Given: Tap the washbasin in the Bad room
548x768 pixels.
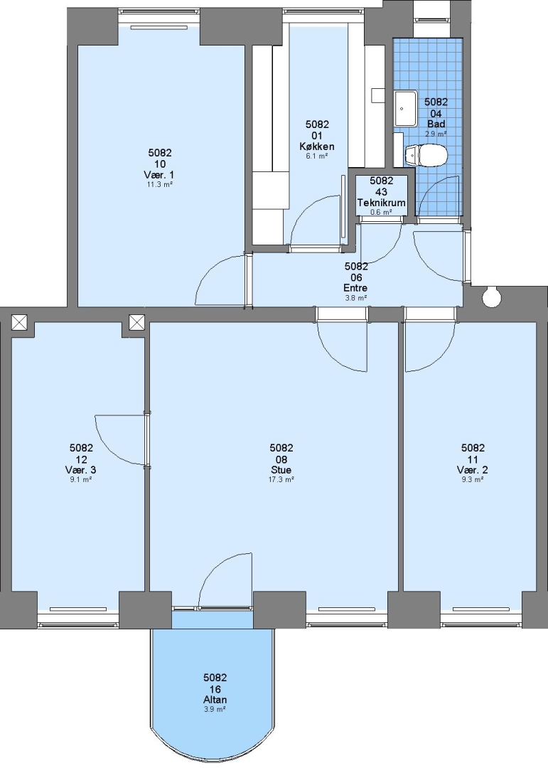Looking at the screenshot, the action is (406, 108).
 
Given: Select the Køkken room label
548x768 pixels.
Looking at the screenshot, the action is (317, 146).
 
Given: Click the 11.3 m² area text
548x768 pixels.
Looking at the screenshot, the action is (160, 184).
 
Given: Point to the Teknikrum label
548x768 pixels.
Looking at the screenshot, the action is (382, 202).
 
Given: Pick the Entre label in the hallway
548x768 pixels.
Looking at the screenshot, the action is (356, 288).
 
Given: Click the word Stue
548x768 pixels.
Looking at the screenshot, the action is (281, 470).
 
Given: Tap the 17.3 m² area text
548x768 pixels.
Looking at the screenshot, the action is (281, 479).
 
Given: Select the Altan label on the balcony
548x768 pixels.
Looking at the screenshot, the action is (215, 700).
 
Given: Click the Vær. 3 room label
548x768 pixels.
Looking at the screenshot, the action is (81, 470).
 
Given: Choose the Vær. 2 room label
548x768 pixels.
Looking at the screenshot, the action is (473, 470).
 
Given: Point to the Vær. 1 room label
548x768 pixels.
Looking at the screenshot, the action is (160, 174).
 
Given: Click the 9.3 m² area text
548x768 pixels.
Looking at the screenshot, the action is (473, 479).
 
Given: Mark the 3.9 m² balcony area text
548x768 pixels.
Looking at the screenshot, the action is (215, 709).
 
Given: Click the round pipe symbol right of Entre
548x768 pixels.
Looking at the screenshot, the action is (491, 296).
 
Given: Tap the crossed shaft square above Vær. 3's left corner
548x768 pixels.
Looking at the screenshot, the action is (19, 322).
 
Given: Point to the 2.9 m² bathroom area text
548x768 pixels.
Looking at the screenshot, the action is (436, 134).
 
